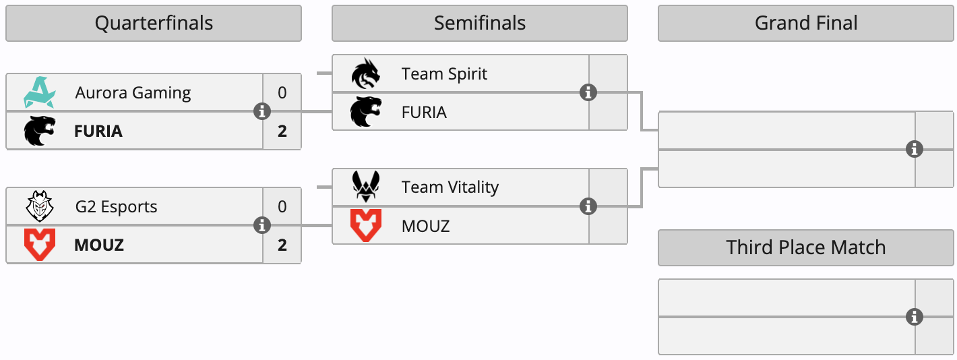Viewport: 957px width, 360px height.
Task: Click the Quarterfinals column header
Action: (x=154, y=24)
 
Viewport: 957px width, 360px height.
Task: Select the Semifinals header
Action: (x=479, y=24)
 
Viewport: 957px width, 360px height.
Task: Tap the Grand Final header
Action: (x=805, y=24)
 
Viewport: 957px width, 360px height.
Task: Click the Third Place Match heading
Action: (x=805, y=247)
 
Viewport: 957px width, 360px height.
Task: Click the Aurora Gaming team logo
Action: (x=39, y=92)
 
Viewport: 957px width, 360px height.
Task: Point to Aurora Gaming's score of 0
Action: (x=282, y=92)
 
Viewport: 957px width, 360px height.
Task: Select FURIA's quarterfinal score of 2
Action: (x=282, y=130)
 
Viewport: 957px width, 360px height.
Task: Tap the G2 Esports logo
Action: (x=39, y=206)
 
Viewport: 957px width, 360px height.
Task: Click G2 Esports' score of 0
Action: (x=282, y=206)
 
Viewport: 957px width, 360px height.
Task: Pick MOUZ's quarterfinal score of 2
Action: (x=282, y=244)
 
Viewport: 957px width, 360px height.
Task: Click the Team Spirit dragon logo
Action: (x=365, y=73)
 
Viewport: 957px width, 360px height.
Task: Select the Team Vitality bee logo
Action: (x=365, y=187)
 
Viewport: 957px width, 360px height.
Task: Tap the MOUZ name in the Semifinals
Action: (x=425, y=225)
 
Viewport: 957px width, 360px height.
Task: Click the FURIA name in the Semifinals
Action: (x=424, y=112)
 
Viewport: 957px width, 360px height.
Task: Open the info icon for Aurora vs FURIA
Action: (x=262, y=111)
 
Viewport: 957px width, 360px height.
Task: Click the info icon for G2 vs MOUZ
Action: (x=262, y=225)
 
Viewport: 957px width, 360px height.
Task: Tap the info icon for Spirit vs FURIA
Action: (x=588, y=92)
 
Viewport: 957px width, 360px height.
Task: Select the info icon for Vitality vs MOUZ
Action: (x=588, y=206)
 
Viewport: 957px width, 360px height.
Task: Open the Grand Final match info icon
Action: (x=914, y=149)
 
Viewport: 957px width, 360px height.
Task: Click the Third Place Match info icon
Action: (x=914, y=316)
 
